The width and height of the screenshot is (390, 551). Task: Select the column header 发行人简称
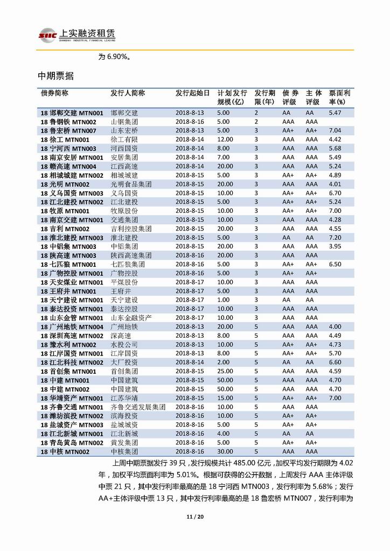point(128,93)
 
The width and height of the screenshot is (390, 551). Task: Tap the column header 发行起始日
point(192,93)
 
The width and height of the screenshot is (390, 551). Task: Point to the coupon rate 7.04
point(335,131)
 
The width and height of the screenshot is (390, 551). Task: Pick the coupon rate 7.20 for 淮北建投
point(335,238)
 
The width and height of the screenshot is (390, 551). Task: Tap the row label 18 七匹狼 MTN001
point(68,264)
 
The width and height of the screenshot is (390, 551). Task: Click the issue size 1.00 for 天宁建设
point(223,300)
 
